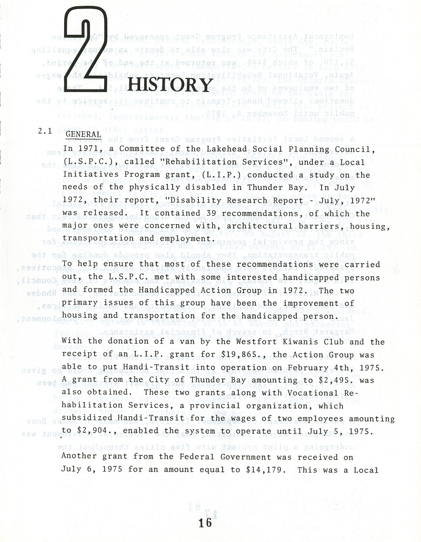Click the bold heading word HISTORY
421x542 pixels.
(x=170, y=85)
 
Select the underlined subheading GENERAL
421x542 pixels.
(x=83, y=135)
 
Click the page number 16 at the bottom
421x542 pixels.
(x=205, y=523)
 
